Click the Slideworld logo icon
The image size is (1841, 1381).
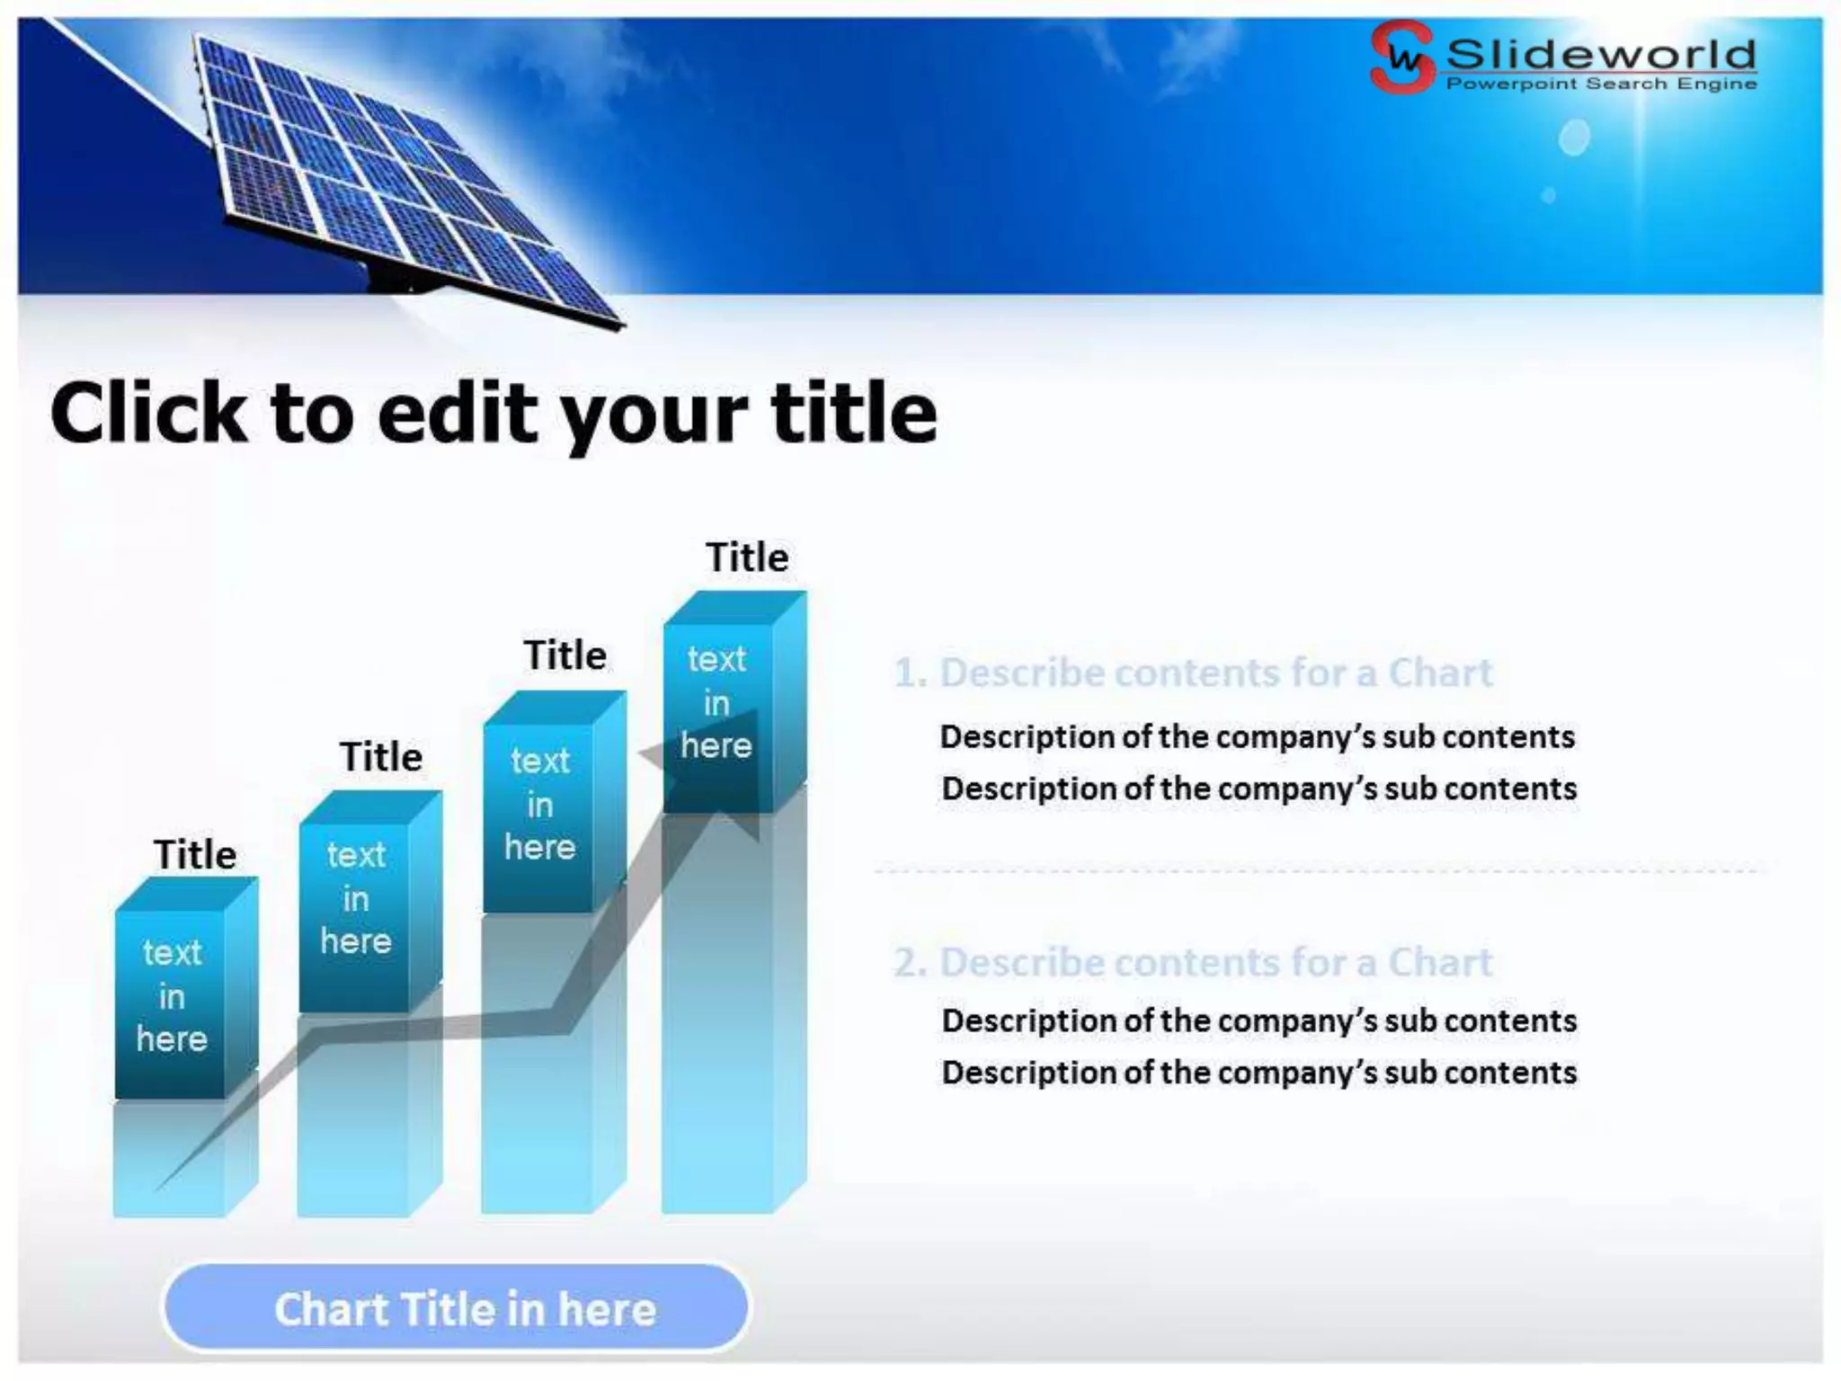point(1401,57)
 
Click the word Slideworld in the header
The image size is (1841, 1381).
point(1601,54)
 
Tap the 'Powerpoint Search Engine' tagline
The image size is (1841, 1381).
point(1601,85)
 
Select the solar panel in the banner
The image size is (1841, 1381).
point(396,171)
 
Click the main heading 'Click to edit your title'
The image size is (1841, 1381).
point(494,414)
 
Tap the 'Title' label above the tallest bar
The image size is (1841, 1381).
point(747,557)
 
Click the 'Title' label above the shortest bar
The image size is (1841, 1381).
point(195,854)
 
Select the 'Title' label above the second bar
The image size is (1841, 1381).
point(381,757)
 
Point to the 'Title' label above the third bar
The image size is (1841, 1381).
point(565,655)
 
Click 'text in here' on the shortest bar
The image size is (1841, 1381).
point(172,996)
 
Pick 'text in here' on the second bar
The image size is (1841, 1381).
point(356,898)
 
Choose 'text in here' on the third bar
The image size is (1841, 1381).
point(539,805)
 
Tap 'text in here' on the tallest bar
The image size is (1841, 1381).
point(716,702)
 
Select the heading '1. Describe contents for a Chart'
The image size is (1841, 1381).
point(1193,673)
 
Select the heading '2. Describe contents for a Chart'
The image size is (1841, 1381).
point(1193,962)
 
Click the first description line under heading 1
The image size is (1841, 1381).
point(1258,737)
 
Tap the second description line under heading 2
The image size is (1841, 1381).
point(1258,1073)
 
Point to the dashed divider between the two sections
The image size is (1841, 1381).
point(1317,870)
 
